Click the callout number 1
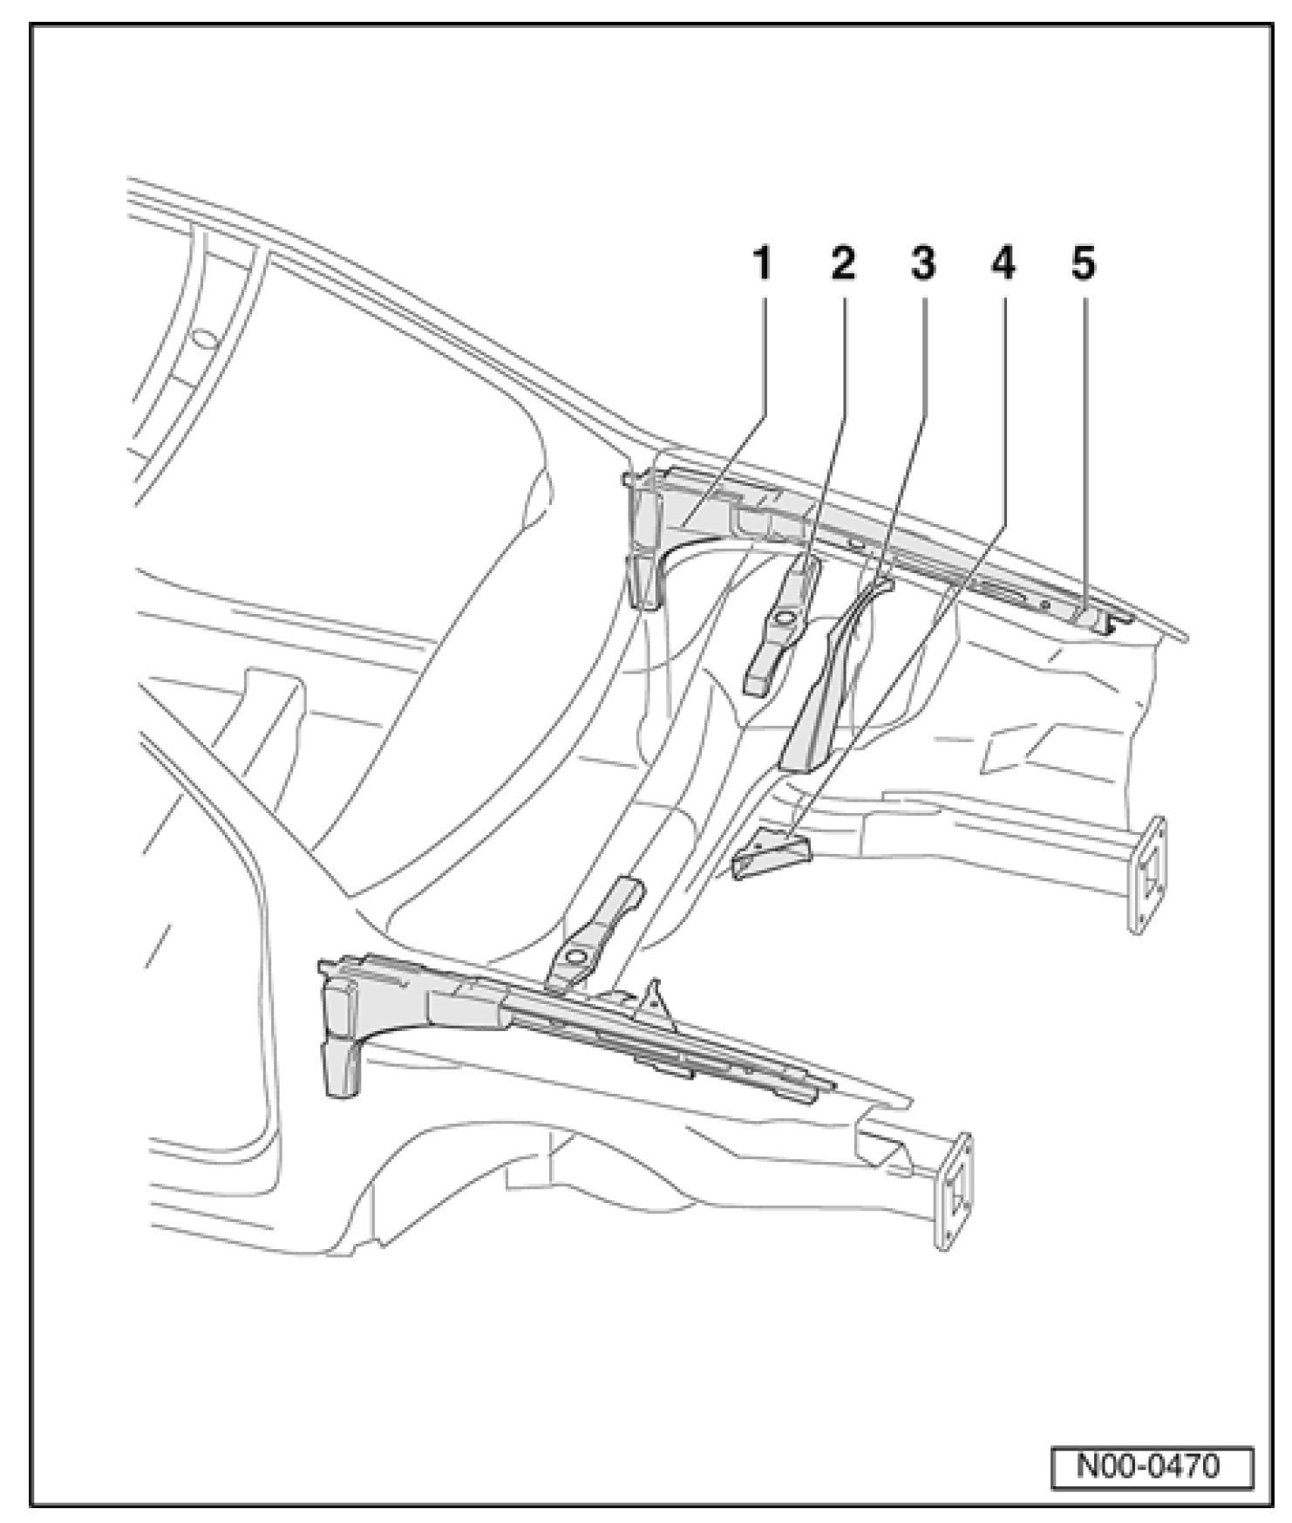click(x=762, y=263)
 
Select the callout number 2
click(x=842, y=263)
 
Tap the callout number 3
click(x=922, y=263)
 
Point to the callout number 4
click(x=1003, y=263)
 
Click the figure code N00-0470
click(x=1150, y=1465)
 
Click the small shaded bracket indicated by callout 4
click(x=770, y=855)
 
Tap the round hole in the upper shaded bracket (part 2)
click(x=781, y=618)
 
